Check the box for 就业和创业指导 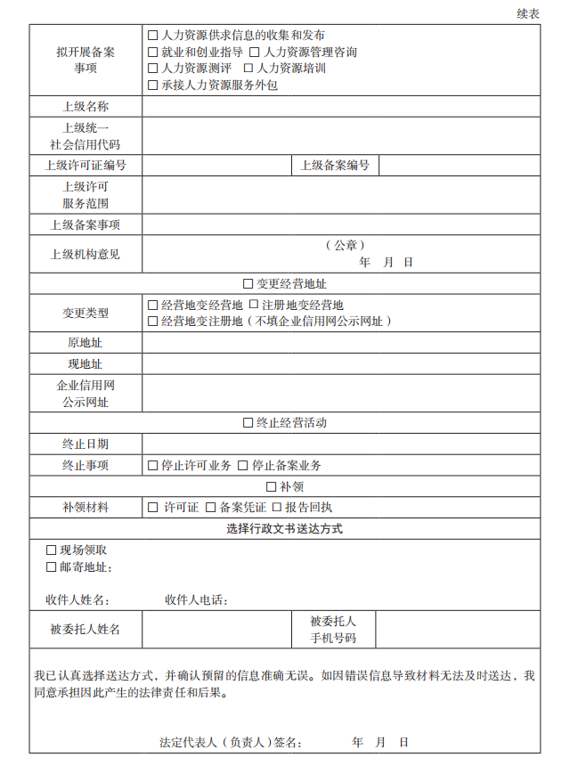click(x=153, y=53)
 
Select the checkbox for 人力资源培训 click(x=249, y=69)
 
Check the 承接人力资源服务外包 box click(x=153, y=86)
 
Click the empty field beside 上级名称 click(x=341, y=107)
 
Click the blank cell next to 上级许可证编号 click(x=216, y=166)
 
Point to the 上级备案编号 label click(x=335, y=166)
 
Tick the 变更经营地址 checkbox click(x=248, y=284)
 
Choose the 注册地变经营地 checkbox click(x=254, y=306)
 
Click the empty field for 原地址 click(x=341, y=343)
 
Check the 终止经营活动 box click(x=248, y=423)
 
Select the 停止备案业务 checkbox click(x=244, y=466)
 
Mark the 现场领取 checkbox click(x=52, y=550)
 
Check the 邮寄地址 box click(x=52, y=567)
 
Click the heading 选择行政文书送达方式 click(x=285, y=529)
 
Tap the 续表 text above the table click(x=528, y=13)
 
